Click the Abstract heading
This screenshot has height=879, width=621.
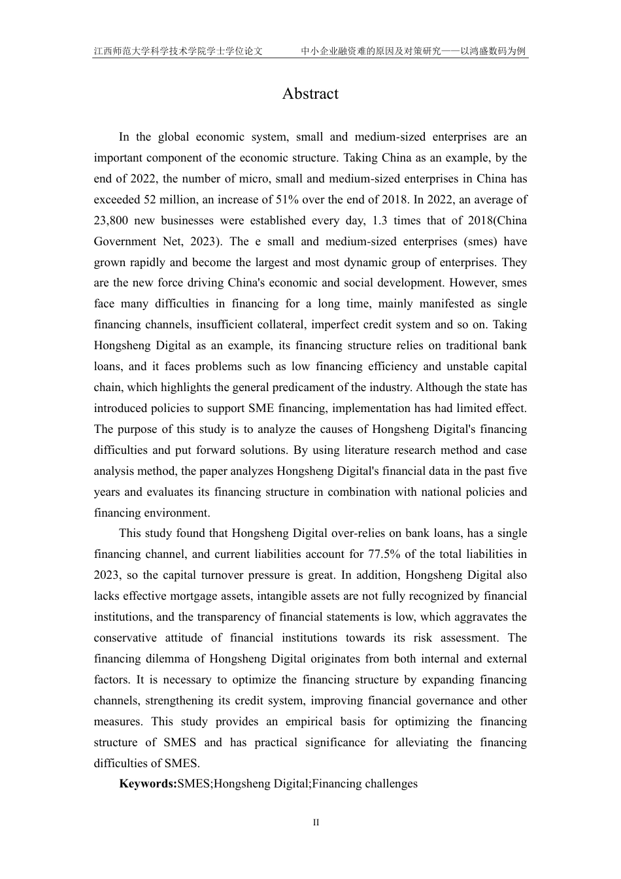pyautogui.click(x=310, y=94)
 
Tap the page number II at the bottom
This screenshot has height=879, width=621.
pyautogui.click(x=316, y=823)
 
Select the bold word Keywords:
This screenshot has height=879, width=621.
pyautogui.click(x=148, y=784)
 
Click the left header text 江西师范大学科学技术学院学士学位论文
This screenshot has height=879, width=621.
pyautogui.click(x=178, y=50)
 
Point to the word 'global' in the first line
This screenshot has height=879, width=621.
pyautogui.click(x=178, y=137)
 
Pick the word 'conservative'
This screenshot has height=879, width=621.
pyautogui.click(x=125, y=638)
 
